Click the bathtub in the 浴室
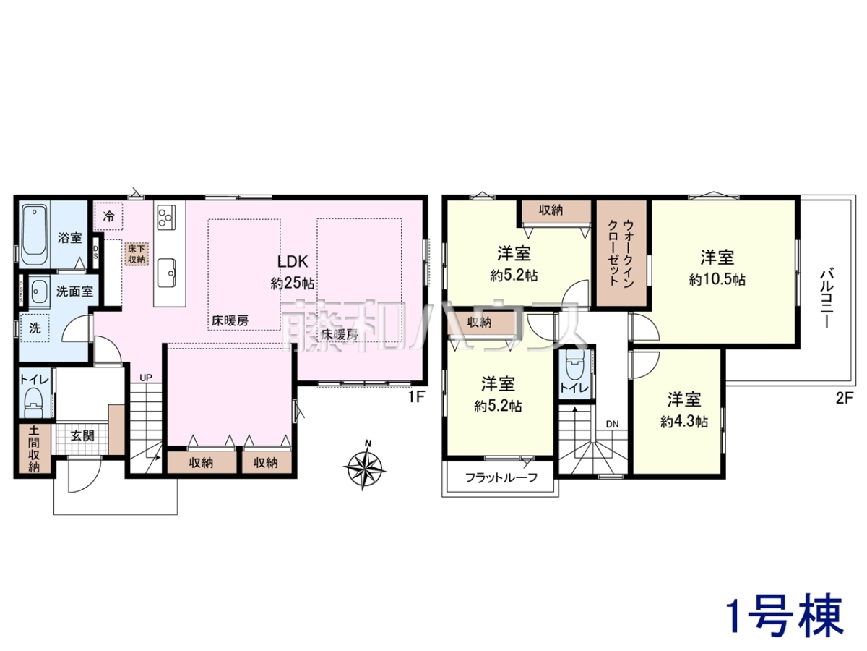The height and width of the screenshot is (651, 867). pyautogui.click(x=35, y=235)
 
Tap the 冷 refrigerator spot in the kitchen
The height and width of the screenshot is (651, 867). pyautogui.click(x=108, y=216)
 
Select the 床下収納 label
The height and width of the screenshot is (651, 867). pyautogui.click(x=137, y=254)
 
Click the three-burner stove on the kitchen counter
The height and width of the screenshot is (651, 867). pyautogui.click(x=166, y=217)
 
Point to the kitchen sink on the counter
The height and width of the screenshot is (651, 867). pyautogui.click(x=166, y=273)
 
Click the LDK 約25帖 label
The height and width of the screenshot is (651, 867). pyautogui.click(x=293, y=273)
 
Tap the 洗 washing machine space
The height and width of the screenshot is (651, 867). pyautogui.click(x=35, y=328)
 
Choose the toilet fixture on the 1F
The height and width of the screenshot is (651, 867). pyautogui.click(x=34, y=402)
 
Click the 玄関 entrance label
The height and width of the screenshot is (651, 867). pyautogui.click(x=82, y=436)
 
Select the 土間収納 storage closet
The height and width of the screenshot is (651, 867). pyautogui.click(x=34, y=448)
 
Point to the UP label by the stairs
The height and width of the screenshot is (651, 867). pyautogui.click(x=146, y=378)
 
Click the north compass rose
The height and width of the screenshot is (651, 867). pyautogui.click(x=365, y=467)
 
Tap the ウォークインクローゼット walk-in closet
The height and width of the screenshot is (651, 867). pyautogui.click(x=621, y=253)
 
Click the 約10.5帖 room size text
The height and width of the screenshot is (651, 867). pyautogui.click(x=717, y=280)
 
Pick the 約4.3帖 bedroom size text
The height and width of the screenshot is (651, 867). pyautogui.click(x=683, y=422)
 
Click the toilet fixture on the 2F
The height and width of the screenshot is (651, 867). pyautogui.click(x=574, y=367)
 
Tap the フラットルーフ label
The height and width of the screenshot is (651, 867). pyautogui.click(x=501, y=477)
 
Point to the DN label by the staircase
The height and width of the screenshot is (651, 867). pyautogui.click(x=612, y=424)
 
